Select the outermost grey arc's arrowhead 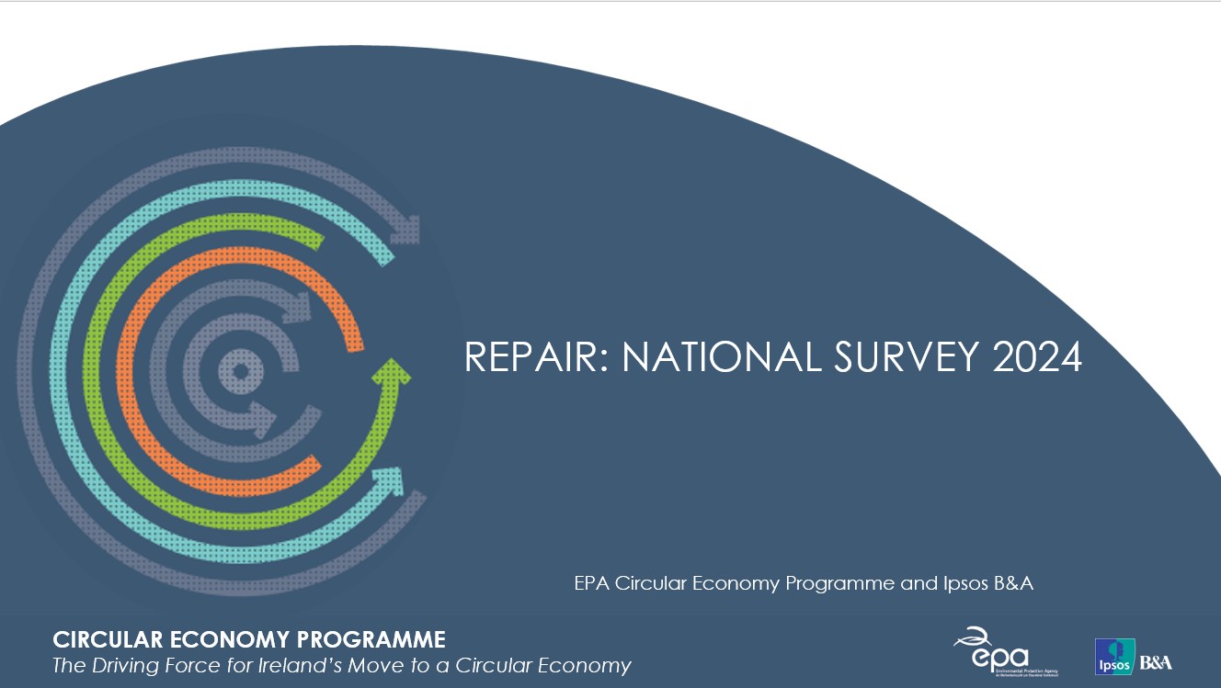(409, 228)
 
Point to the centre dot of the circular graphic (241, 371)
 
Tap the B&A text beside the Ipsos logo (1156, 661)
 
